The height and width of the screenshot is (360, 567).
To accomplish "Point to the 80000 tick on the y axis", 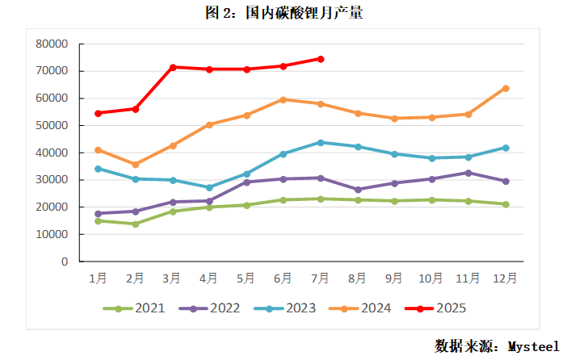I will [52, 44].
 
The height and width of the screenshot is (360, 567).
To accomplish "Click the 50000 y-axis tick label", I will [52, 125].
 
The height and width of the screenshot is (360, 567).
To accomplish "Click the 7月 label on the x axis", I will [321, 278].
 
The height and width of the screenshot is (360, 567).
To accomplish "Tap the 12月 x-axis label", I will [506, 278].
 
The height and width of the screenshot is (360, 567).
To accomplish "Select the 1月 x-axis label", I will [99, 278].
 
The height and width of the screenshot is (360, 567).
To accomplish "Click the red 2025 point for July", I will [321, 59].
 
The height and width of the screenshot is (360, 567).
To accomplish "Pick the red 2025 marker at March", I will [173, 67].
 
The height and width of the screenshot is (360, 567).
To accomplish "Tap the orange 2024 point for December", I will [506, 88].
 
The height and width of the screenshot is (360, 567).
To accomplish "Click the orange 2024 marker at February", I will [136, 165].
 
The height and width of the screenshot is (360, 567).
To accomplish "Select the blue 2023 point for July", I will [321, 142].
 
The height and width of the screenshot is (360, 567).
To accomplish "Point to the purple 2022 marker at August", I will [358, 190].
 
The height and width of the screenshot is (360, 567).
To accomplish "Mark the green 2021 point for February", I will [136, 224].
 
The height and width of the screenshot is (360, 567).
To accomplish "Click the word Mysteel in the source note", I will [533, 345].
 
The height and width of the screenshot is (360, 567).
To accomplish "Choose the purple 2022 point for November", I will [468, 173].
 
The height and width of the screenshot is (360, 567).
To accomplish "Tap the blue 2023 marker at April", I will [209, 187].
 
